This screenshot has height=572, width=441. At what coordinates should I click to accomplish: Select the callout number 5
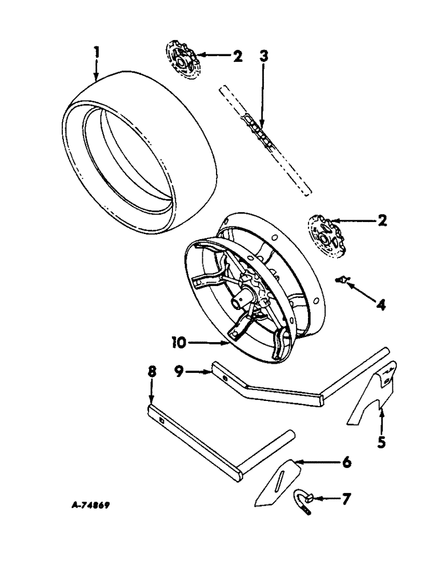[x=381, y=442]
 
